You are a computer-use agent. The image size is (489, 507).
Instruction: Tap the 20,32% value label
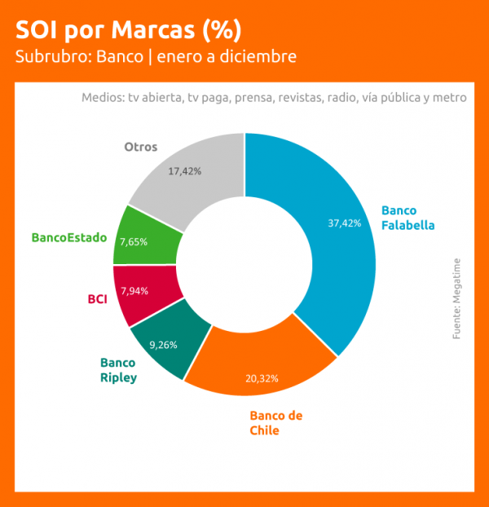point(262,378)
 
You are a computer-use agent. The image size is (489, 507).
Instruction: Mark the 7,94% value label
point(134,291)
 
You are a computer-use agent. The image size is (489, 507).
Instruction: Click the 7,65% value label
point(134,242)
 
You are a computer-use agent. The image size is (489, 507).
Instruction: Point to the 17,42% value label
point(184,171)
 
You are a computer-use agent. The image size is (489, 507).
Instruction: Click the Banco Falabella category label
point(408,218)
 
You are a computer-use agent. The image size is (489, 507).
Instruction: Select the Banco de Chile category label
point(275,422)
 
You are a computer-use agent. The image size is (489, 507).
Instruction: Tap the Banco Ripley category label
point(118,369)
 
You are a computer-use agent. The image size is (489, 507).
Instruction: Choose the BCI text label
point(97,298)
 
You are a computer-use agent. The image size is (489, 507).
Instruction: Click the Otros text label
point(140,148)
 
